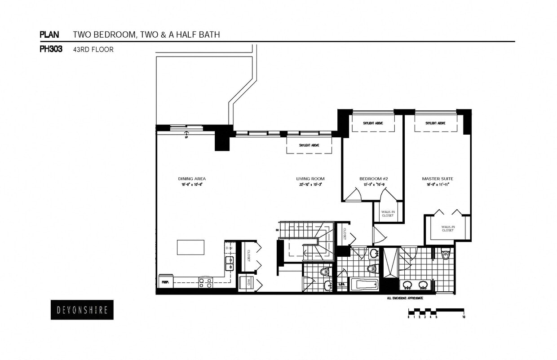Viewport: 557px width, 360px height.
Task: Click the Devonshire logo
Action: pyautogui.click(x=82, y=310)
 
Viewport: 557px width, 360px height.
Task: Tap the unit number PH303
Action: pyautogui.click(x=51, y=49)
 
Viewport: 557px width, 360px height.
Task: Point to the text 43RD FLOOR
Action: pyautogui.click(x=93, y=50)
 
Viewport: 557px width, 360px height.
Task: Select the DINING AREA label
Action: pyautogui.click(x=192, y=179)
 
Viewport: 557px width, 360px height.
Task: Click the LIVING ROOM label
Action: pyautogui.click(x=310, y=179)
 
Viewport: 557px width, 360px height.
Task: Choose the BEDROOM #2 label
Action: pyautogui.click(x=373, y=179)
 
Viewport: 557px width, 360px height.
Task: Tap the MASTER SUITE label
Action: pyautogui.click(x=437, y=179)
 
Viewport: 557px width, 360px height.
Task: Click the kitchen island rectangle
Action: pyautogui.click(x=190, y=247)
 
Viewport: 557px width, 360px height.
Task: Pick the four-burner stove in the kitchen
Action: pyautogui.click(x=205, y=282)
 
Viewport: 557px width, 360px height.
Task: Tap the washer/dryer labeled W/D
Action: pyautogui.click(x=247, y=283)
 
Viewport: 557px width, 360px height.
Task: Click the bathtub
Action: pyautogui.click(x=364, y=285)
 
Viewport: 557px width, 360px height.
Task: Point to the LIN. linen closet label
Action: pyautogui.click(x=342, y=284)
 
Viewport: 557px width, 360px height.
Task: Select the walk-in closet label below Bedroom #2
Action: pyautogui.click(x=387, y=214)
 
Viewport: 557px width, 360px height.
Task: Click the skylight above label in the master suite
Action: pyautogui.click(x=435, y=123)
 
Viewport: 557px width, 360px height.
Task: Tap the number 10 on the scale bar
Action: pyautogui.click(x=463, y=317)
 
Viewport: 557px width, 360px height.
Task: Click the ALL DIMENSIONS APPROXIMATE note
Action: pyautogui.click(x=404, y=298)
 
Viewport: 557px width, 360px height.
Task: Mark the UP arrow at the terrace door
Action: pyautogui.click(x=186, y=133)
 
